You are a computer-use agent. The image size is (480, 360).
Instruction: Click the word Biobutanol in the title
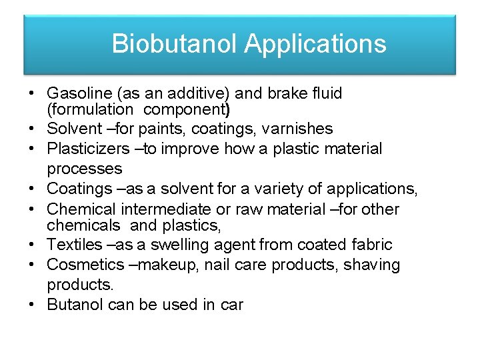point(174,44)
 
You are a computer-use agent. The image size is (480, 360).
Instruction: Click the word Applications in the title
point(315,44)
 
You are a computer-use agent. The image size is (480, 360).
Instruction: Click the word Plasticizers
point(85,149)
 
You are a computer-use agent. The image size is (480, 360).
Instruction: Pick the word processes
point(85,169)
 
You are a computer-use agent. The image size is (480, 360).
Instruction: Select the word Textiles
point(74,245)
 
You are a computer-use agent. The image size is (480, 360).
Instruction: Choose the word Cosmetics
point(85,265)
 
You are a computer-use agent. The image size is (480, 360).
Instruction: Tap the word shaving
point(372,265)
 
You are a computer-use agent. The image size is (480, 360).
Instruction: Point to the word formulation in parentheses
point(90,109)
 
